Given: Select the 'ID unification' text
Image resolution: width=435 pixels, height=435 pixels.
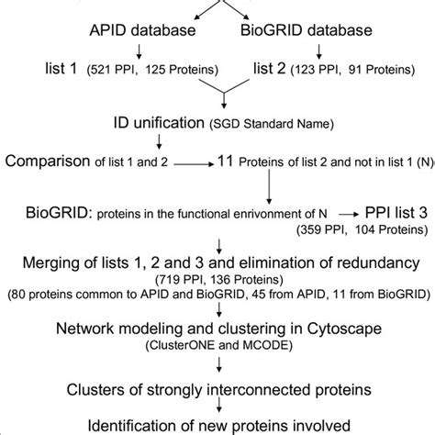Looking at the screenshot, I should click(149, 124).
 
